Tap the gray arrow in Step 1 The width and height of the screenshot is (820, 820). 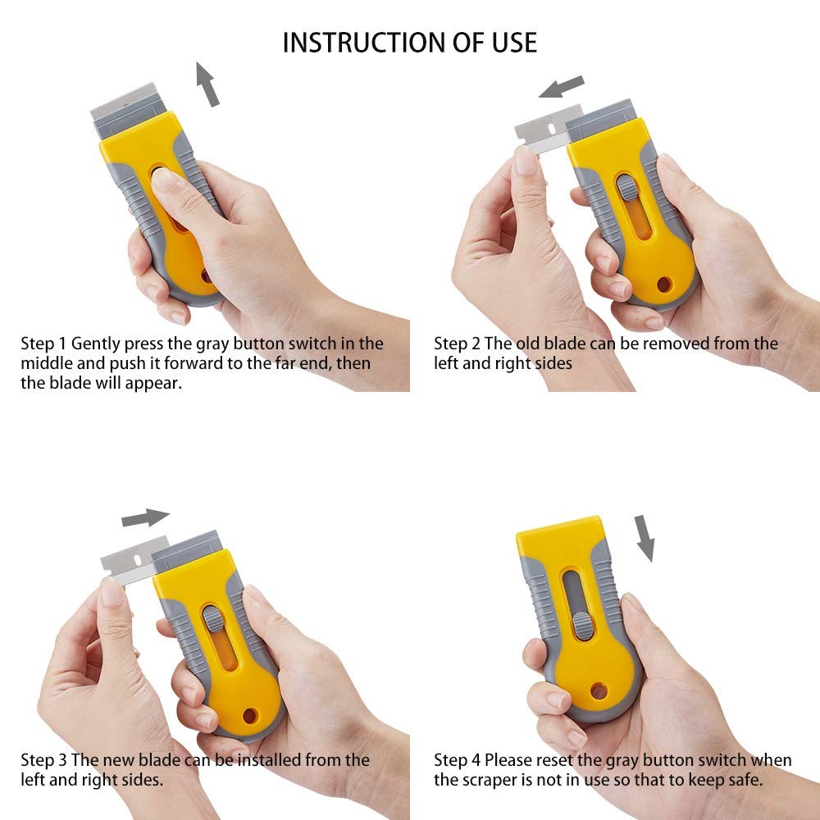(x=207, y=85)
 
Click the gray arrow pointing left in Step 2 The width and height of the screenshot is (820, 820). (x=562, y=87)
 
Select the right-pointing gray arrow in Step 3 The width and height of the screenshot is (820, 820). (x=144, y=518)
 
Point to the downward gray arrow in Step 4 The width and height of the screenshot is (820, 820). (x=646, y=538)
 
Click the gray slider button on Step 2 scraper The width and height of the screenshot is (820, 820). (x=625, y=188)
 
